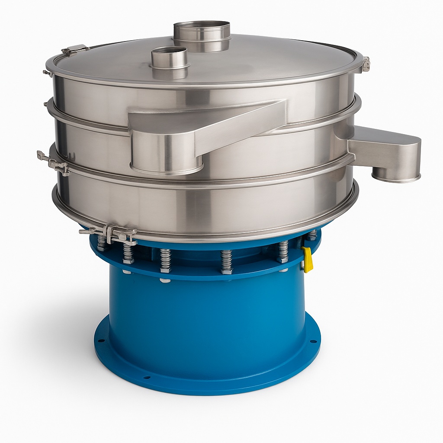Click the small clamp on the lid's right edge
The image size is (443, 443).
tap(366, 64)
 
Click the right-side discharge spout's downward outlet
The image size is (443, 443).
tap(396, 176)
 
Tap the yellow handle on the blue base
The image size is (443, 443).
tap(308, 260)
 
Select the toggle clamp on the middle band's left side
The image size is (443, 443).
tap(53, 163)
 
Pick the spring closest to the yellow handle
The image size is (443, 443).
tap(283, 252)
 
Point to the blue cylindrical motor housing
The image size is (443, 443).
tap(208, 316)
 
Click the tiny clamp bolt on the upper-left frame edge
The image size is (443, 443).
tap(46, 73)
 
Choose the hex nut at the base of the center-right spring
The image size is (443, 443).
tap(227, 271)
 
